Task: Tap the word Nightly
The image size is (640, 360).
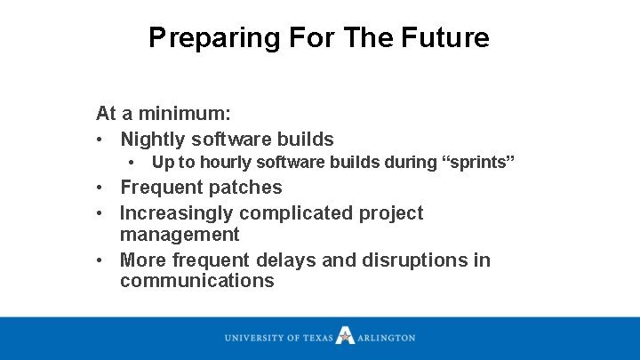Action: (x=153, y=140)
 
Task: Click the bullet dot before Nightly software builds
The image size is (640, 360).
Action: (x=102, y=140)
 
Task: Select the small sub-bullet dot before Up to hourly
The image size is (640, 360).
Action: (x=131, y=163)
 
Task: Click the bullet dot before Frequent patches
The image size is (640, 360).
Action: (x=102, y=188)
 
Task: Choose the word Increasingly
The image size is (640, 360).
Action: (x=177, y=213)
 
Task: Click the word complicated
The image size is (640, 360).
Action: (x=297, y=213)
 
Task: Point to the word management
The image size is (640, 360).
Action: (x=180, y=235)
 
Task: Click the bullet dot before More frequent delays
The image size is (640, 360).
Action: (x=102, y=260)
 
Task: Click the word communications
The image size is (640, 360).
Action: (x=197, y=282)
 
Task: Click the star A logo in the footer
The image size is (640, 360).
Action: (x=345, y=337)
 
